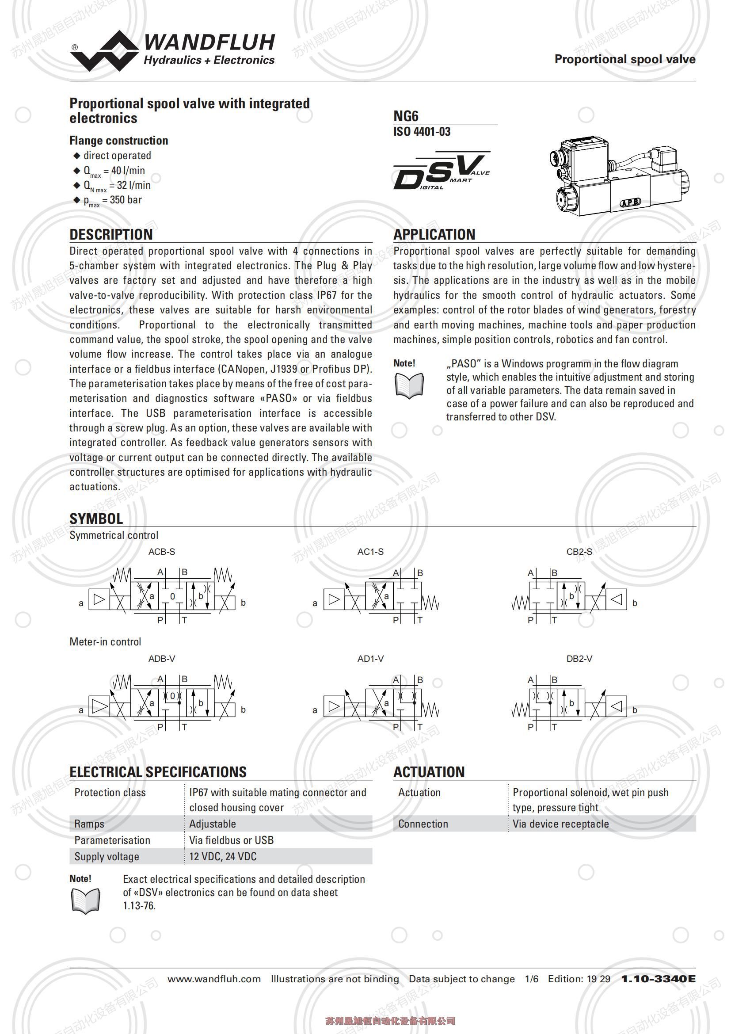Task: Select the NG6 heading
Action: click(x=406, y=116)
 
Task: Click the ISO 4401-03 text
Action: click(x=422, y=131)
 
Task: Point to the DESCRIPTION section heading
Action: click(x=111, y=234)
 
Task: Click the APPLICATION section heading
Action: click(x=434, y=234)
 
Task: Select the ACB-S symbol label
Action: click(x=162, y=552)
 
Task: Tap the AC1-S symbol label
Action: click(x=370, y=552)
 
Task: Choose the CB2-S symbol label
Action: click(x=579, y=552)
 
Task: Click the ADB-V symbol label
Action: click(x=162, y=659)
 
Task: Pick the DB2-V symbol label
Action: click(x=579, y=659)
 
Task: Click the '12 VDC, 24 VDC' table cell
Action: click(x=223, y=856)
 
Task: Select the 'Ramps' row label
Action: click(x=89, y=824)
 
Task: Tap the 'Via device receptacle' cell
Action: click(x=560, y=824)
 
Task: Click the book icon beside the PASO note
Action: click(x=409, y=386)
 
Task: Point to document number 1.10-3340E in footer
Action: click(x=658, y=979)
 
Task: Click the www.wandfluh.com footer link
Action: click(x=214, y=979)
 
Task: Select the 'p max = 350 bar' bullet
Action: click(x=113, y=200)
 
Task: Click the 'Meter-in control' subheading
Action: click(x=105, y=642)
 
